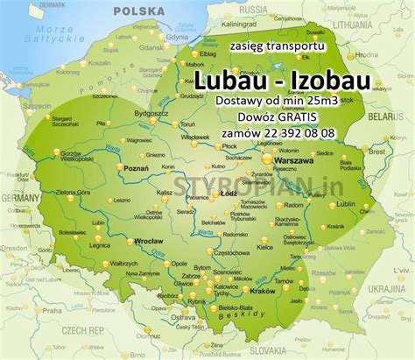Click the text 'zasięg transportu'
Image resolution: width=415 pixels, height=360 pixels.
(275, 44)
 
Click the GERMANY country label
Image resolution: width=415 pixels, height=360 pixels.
(16, 199)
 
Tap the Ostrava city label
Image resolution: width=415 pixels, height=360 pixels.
(184, 318)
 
